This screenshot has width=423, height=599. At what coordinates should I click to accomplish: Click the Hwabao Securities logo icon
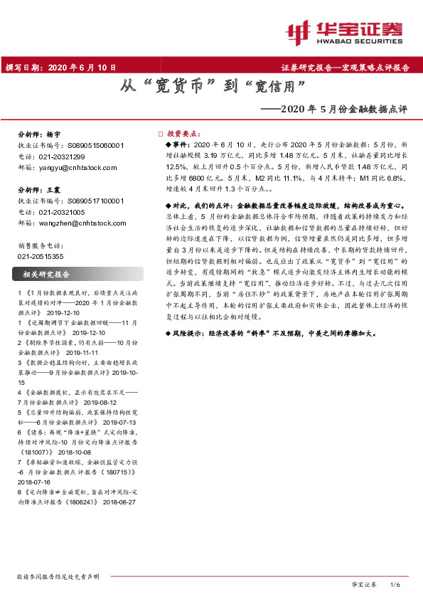[x=299, y=31]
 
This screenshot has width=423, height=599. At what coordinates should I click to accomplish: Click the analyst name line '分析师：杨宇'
[x=40, y=134]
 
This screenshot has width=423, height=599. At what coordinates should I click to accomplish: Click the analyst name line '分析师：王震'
[x=40, y=191]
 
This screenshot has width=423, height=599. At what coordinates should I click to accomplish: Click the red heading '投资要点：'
[x=184, y=134]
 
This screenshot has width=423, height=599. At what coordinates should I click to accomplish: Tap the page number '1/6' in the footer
[x=397, y=585]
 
